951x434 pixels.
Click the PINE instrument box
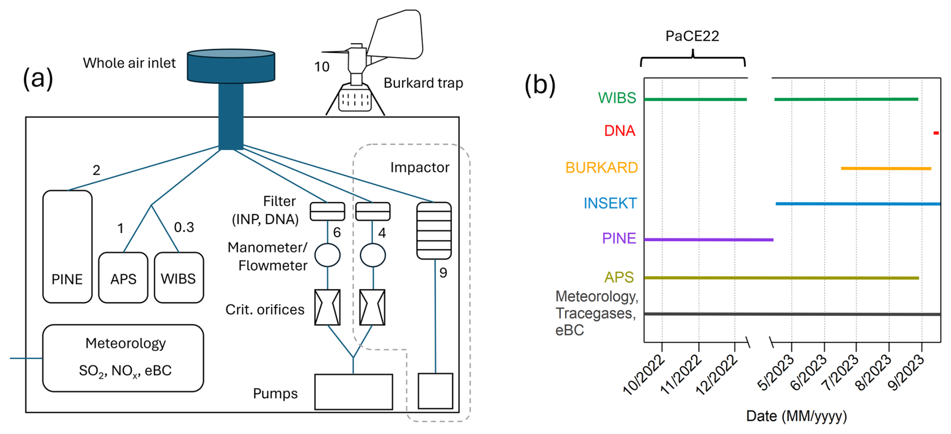point(67,247)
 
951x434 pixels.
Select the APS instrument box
point(123,278)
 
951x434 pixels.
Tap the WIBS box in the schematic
point(178,278)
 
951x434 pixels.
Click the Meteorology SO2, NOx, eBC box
point(123,358)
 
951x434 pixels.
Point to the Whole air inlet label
point(129,63)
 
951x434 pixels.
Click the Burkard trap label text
point(423,83)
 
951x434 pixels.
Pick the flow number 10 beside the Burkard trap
point(322,67)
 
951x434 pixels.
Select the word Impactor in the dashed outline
point(420,168)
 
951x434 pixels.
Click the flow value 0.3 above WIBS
point(184,228)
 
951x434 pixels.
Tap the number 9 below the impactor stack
point(443,273)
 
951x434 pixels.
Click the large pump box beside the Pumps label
point(353,392)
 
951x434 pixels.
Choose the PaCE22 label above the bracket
point(692,36)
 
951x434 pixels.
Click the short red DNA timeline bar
point(936,133)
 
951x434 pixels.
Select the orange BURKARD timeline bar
point(886,168)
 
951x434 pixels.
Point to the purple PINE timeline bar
point(708,240)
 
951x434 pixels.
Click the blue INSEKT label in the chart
point(610,203)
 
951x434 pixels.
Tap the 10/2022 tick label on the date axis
point(644,375)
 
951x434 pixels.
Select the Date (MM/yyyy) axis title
point(796,416)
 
